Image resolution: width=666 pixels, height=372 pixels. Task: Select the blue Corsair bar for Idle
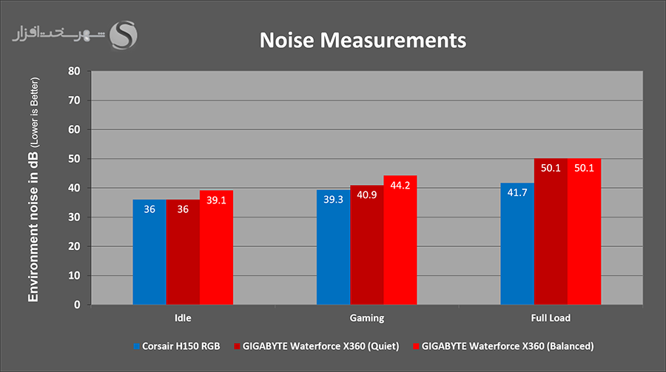click(149, 251)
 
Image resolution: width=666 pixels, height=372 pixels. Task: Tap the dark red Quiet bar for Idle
click(183, 251)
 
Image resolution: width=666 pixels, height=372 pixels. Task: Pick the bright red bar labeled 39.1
click(216, 247)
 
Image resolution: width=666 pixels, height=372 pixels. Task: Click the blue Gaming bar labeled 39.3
click(333, 247)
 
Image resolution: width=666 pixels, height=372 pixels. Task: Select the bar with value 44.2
click(400, 240)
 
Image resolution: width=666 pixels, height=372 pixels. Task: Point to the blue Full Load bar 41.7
click(517, 243)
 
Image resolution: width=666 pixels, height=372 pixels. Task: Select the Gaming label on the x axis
click(366, 318)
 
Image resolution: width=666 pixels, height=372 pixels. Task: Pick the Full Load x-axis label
click(551, 318)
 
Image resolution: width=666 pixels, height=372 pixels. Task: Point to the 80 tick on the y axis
click(73, 72)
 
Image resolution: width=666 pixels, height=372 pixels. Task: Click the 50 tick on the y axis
click(73, 159)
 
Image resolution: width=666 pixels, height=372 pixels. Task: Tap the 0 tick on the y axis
click(76, 305)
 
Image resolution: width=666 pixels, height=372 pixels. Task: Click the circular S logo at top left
click(124, 34)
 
